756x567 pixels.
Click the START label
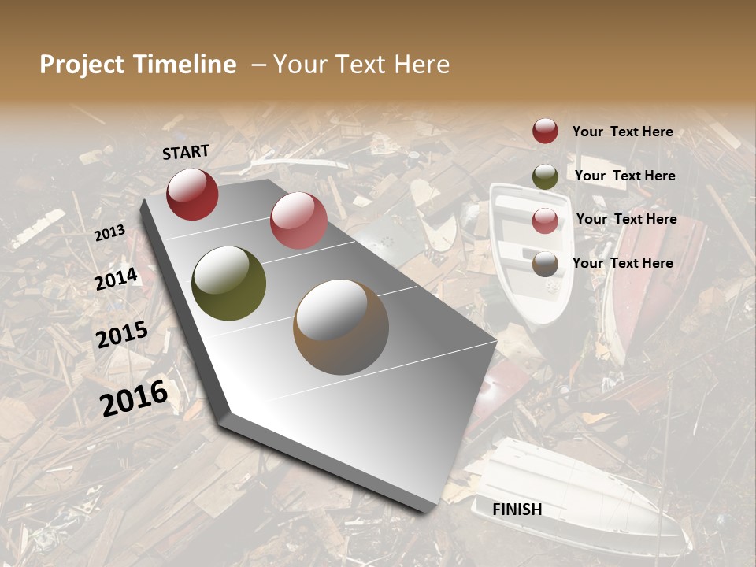[x=186, y=152]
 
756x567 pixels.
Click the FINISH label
[x=517, y=510]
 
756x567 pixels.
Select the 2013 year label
[x=109, y=232]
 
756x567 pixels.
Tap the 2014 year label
[x=116, y=279]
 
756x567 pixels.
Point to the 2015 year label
[x=122, y=335]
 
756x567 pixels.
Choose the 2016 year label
[x=134, y=398]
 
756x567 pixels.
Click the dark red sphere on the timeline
[x=192, y=194]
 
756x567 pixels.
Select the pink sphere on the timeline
[x=298, y=220]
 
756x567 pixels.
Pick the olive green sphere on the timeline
[x=228, y=283]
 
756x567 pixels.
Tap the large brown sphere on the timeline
[x=341, y=327]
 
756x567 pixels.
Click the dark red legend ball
[x=545, y=131]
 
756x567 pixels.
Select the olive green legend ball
[x=545, y=176]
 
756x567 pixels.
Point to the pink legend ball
[x=545, y=220]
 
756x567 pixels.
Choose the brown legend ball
[x=545, y=264]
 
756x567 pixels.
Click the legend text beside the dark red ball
[x=622, y=132]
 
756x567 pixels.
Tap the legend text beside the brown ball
[x=622, y=263]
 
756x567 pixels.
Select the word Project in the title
[x=83, y=65]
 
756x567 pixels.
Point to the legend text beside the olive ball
[x=624, y=176]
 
